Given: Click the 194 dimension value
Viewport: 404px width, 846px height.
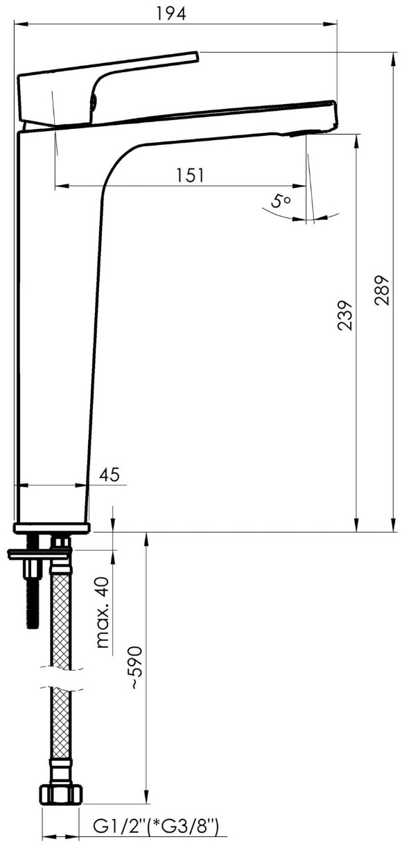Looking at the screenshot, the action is tap(171, 14).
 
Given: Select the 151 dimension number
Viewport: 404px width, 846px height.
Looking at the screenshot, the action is tap(190, 175).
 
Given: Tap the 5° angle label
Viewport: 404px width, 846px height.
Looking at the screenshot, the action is tap(280, 201).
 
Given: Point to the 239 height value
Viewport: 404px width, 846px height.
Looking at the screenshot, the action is tap(344, 316).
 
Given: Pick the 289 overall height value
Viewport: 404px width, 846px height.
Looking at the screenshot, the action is tap(381, 291).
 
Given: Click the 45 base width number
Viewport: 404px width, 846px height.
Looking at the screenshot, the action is tap(110, 474).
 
